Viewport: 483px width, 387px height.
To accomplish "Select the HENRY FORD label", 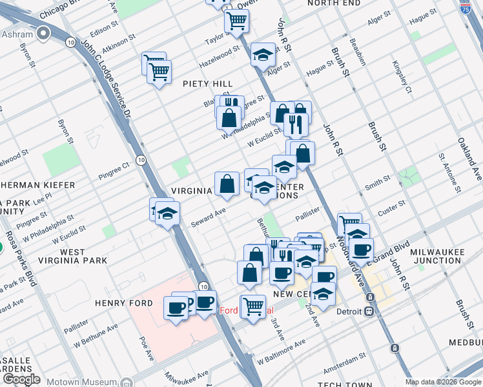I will coord(123,303).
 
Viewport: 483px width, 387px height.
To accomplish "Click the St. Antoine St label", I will coord(451,173).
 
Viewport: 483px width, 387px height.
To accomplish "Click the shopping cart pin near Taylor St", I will coord(237,21).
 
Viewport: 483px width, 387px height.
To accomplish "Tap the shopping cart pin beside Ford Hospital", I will coord(252,306).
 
